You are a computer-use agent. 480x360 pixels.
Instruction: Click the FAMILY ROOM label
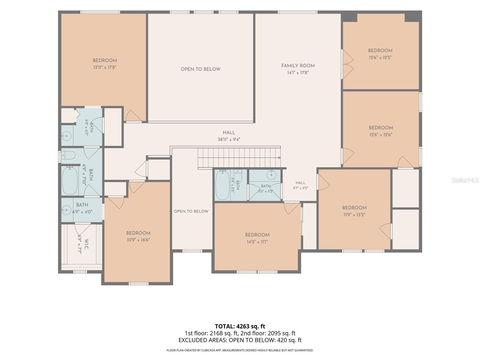coord(298,66)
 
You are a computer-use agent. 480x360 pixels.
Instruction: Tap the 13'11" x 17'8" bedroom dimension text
coord(105,67)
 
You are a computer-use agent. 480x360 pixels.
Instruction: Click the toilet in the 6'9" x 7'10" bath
coord(68,155)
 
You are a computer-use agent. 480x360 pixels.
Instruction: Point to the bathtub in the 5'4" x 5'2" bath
coord(222,185)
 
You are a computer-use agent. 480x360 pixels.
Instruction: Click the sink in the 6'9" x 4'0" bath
coord(66,210)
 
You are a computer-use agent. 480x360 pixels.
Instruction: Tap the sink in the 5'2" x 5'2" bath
coord(271,175)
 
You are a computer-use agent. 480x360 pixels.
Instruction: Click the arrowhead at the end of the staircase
coord(279,157)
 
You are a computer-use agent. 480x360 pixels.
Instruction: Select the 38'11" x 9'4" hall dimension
coord(229,139)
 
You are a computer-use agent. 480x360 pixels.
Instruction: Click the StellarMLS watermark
coord(465,180)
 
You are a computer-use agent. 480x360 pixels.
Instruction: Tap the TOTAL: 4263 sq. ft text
coord(240,326)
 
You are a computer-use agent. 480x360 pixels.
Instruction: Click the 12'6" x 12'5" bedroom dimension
coord(380,58)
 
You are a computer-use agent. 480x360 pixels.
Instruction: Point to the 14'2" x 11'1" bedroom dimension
coord(257,242)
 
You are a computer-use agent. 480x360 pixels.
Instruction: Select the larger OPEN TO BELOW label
coord(200,69)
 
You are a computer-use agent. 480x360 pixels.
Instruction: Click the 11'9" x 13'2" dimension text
coord(354,214)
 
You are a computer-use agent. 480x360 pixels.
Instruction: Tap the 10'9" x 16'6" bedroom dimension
coord(138,240)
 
